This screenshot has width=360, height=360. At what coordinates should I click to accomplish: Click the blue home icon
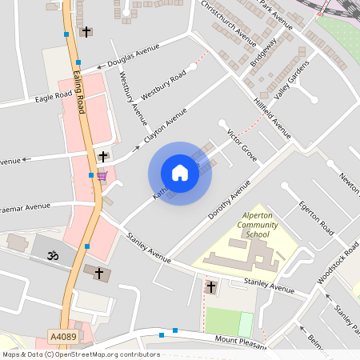pos(180,173)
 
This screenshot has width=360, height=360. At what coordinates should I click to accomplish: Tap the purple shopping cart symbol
pos(102,175)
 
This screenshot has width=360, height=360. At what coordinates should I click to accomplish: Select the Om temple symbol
pos(54,257)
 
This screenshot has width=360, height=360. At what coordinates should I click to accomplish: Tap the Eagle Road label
pos(54,98)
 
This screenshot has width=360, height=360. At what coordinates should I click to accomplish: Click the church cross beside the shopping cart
pos(102,156)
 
